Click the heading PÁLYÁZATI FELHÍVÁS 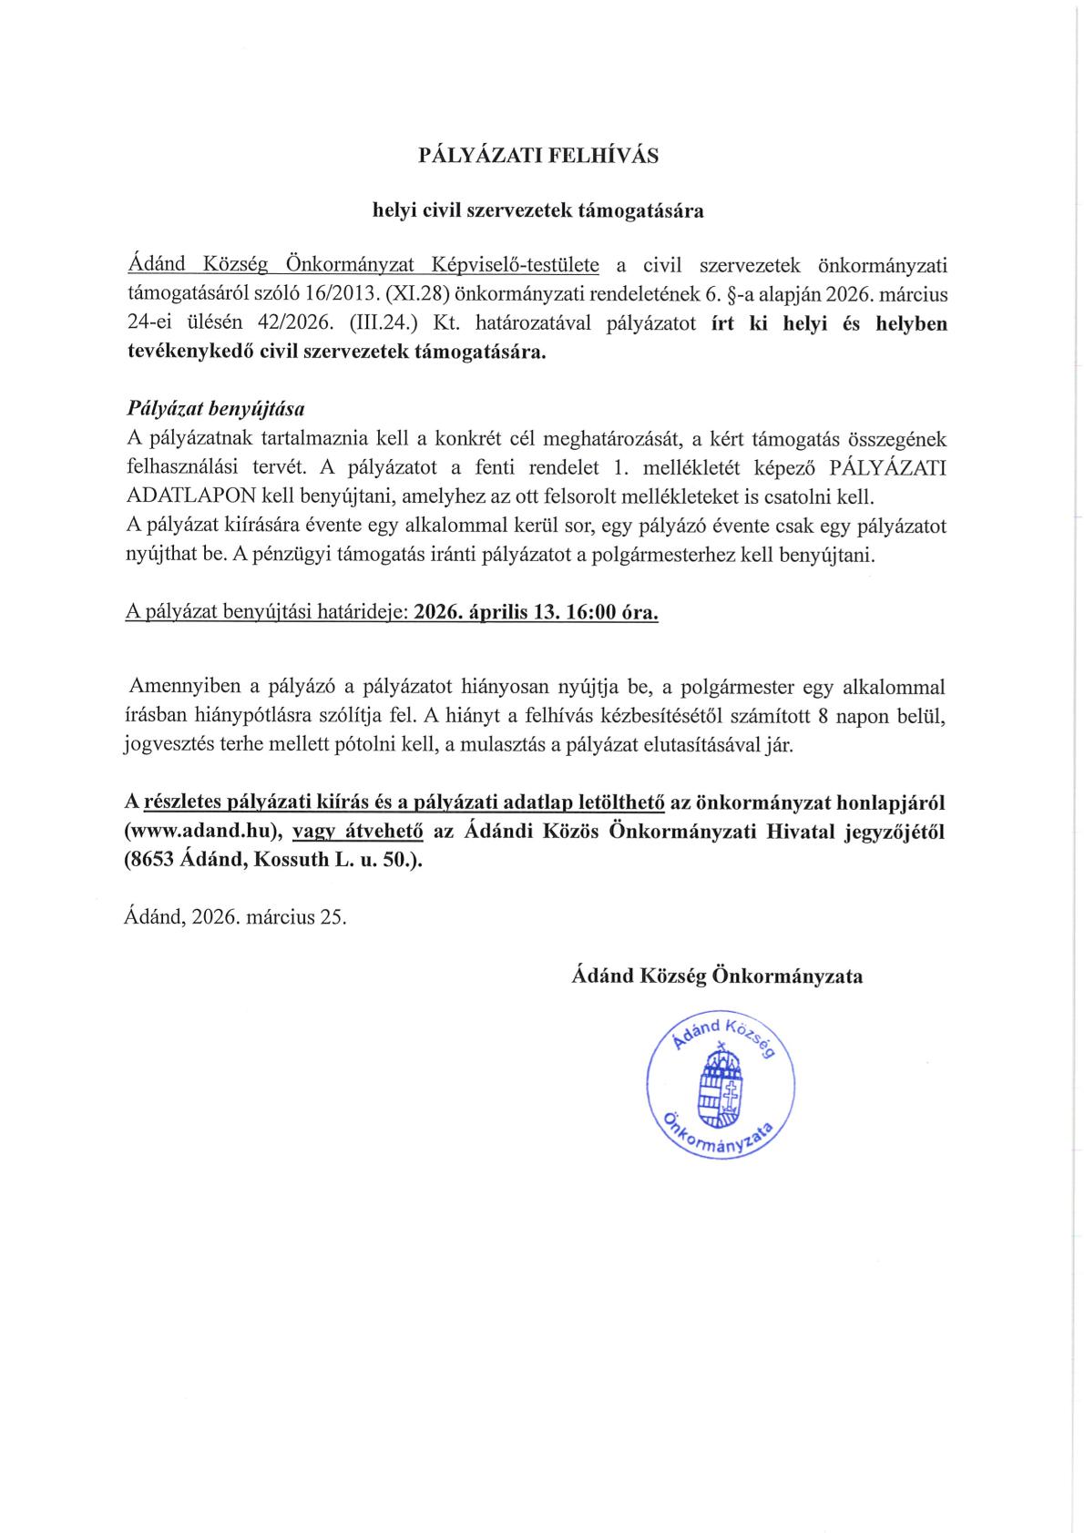click(x=537, y=156)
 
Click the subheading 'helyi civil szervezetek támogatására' click(x=537, y=210)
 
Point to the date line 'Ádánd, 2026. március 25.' click(x=235, y=917)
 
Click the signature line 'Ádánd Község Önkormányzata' click(x=718, y=976)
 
